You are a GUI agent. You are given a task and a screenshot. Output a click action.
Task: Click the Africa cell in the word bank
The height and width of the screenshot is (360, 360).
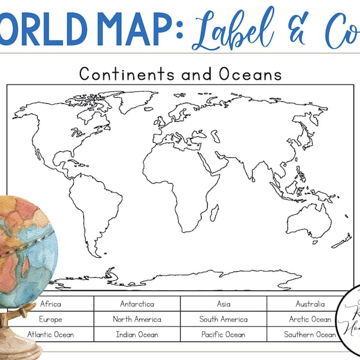[x=50, y=304]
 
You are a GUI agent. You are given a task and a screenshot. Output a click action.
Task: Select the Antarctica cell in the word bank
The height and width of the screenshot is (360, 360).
[x=137, y=304]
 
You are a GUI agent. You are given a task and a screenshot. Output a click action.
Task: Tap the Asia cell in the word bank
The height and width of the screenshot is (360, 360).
[x=223, y=304]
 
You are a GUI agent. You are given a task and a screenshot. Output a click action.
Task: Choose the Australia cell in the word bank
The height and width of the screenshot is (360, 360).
[x=310, y=304]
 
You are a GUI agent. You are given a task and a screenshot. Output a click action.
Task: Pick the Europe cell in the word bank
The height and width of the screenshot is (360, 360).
[x=50, y=319]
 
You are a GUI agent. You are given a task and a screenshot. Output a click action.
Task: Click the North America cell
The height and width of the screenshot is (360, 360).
[x=137, y=319]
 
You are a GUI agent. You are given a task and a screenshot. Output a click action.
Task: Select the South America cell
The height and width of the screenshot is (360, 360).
[x=223, y=319]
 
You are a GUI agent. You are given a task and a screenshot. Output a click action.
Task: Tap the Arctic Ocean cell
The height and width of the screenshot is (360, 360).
[x=310, y=319]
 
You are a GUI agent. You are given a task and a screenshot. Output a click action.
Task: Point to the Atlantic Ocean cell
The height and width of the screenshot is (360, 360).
[x=50, y=334]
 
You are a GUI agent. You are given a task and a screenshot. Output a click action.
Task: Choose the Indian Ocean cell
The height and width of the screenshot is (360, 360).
[x=137, y=334]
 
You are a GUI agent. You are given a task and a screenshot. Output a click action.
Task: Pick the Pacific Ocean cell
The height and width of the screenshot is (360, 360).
[x=223, y=334]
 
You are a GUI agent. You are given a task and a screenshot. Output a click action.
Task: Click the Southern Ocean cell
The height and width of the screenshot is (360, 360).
[x=310, y=334]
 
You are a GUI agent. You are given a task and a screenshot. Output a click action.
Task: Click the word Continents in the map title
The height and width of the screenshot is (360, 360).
[x=118, y=74]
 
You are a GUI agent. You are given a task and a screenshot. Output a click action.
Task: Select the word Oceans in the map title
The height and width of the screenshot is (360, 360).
[x=251, y=74]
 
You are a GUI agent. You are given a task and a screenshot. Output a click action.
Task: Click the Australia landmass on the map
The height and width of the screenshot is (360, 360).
[x=309, y=220]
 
